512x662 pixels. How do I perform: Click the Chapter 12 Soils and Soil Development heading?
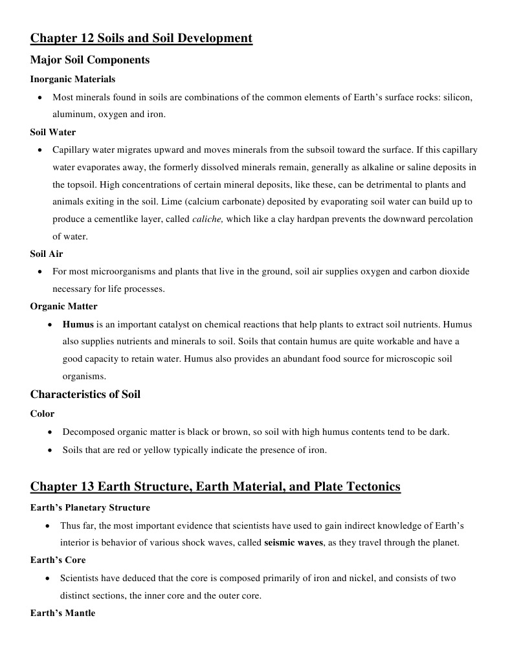[141, 38]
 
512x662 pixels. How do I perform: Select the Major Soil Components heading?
[90, 60]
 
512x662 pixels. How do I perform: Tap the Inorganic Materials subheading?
[72, 79]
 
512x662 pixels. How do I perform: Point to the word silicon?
[458, 97]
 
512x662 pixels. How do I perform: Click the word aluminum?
[72, 115]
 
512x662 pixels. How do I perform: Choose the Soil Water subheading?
[53, 132]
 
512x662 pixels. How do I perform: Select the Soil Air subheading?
[47, 254]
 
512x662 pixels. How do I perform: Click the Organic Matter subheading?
[63, 306]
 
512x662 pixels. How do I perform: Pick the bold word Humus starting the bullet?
[78, 324]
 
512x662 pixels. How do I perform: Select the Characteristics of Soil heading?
[85, 394]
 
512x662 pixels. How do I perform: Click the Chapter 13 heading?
[216, 486]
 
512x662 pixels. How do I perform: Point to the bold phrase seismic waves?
[293, 543]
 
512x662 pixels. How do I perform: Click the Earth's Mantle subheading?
[63, 613]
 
